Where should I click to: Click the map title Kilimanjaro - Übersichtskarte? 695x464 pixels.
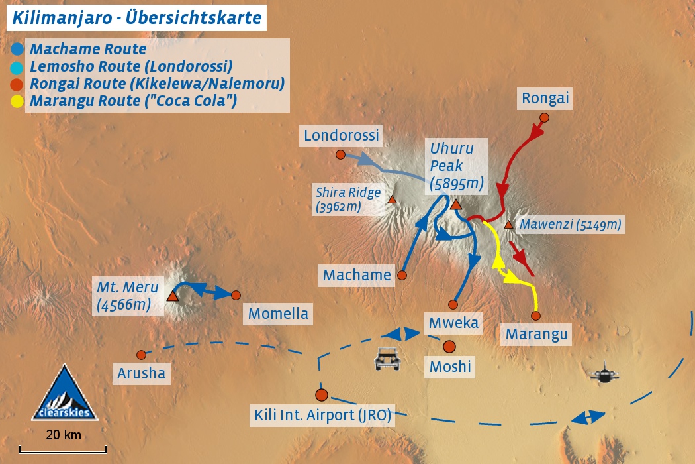[x=137, y=17]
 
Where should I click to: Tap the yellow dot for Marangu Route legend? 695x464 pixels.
[x=18, y=101]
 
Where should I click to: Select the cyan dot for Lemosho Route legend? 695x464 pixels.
[x=18, y=67]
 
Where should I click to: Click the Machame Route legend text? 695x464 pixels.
[x=88, y=49]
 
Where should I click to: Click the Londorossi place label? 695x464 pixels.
[x=342, y=136]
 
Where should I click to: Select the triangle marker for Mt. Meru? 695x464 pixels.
[x=173, y=296]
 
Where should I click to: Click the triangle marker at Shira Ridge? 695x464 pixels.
[x=392, y=200]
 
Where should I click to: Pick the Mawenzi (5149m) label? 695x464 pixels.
[x=570, y=225]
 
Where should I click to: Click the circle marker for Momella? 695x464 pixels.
[x=236, y=295]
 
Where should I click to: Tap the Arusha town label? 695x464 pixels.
[x=141, y=373]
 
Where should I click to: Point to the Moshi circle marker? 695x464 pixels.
[x=449, y=347]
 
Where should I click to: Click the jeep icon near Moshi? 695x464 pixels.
[x=387, y=359]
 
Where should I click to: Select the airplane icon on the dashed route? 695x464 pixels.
[x=604, y=374]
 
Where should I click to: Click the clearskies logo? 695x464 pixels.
[x=65, y=394]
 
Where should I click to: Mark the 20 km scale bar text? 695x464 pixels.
[x=64, y=435]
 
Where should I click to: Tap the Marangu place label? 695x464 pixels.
[x=536, y=335]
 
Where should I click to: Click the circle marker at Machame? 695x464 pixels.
[x=401, y=274]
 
